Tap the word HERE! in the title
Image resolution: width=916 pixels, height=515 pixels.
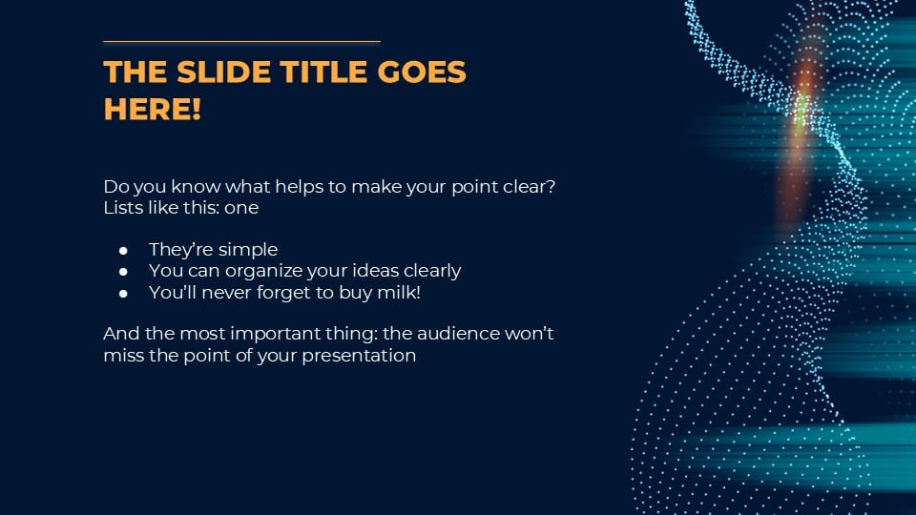point(153,109)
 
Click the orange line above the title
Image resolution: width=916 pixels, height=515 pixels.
point(241,42)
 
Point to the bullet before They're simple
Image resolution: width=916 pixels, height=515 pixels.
point(123,251)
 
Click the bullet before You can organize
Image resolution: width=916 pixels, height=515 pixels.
point(123,272)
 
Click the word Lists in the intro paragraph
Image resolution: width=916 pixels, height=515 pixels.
point(122,207)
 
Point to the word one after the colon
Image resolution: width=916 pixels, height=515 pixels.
point(241,207)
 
